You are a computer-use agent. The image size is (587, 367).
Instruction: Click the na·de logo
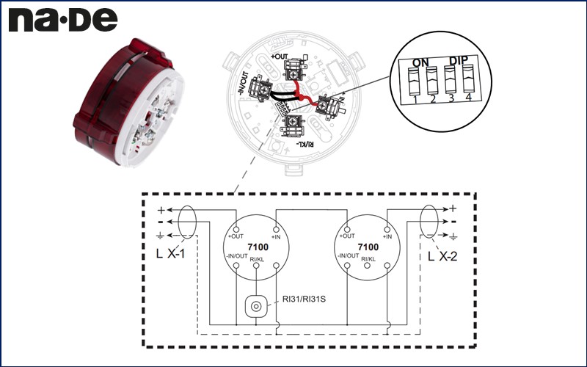(62, 20)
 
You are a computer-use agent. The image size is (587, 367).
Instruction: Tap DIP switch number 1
(415, 84)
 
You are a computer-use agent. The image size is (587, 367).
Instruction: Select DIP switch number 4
(467, 83)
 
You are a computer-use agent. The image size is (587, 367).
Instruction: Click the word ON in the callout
(420, 62)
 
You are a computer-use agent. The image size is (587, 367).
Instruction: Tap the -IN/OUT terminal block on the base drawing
(259, 92)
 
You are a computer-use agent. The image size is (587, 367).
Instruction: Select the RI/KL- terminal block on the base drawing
(293, 123)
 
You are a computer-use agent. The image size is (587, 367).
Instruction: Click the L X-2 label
(442, 256)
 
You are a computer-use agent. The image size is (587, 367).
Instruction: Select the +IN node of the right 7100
(388, 227)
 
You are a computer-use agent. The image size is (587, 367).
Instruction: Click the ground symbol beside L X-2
(453, 236)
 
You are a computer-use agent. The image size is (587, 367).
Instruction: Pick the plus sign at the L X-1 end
(161, 210)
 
